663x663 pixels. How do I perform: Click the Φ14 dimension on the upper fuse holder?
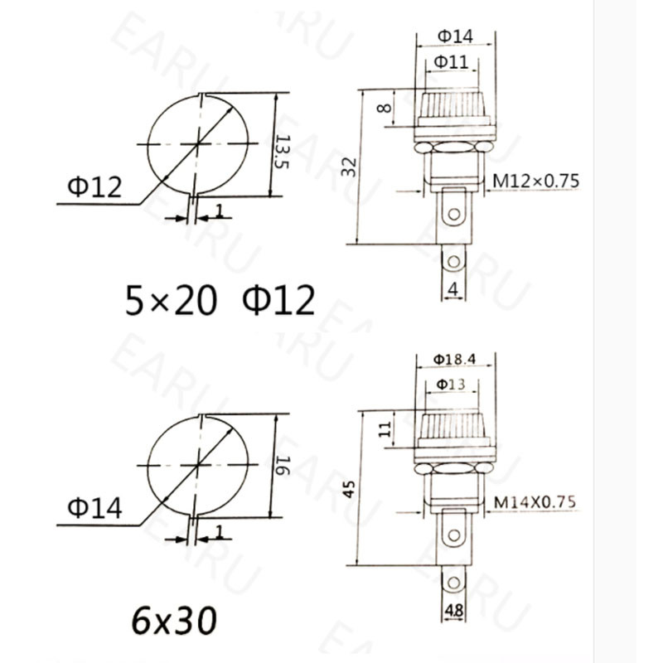454,36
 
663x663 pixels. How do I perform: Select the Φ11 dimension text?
453,61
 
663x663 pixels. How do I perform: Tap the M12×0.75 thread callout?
536,181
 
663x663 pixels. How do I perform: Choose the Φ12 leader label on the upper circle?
94,188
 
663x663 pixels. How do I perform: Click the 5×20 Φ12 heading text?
220,300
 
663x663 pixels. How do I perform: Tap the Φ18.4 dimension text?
454,359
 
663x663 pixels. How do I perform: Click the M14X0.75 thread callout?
535,501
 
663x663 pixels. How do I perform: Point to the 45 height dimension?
351,489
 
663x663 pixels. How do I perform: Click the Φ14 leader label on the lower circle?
94,507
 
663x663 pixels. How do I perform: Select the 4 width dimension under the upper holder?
452,289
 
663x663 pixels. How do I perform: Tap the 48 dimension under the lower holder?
453,611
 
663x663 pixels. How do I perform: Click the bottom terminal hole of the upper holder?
452,263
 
